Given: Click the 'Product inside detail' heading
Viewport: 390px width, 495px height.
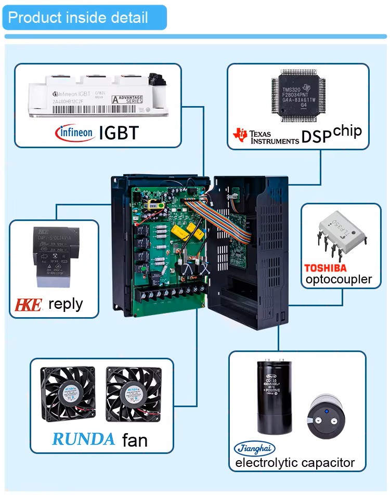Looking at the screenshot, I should tap(78, 17).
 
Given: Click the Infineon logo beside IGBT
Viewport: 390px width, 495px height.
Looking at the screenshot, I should tap(75, 133).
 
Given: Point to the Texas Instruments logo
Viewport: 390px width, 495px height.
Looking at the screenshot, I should tap(265, 136).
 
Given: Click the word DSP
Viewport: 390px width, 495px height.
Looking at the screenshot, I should tap(316, 137).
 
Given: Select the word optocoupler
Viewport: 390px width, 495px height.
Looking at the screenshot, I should tap(339, 280).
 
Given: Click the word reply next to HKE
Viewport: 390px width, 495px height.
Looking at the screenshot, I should tap(66, 304).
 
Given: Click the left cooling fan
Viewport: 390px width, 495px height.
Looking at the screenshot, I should tap(70, 395).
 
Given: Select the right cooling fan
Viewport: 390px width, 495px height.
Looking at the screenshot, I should tap(135, 395).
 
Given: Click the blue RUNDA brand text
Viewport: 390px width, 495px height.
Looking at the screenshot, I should tap(83, 439).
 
